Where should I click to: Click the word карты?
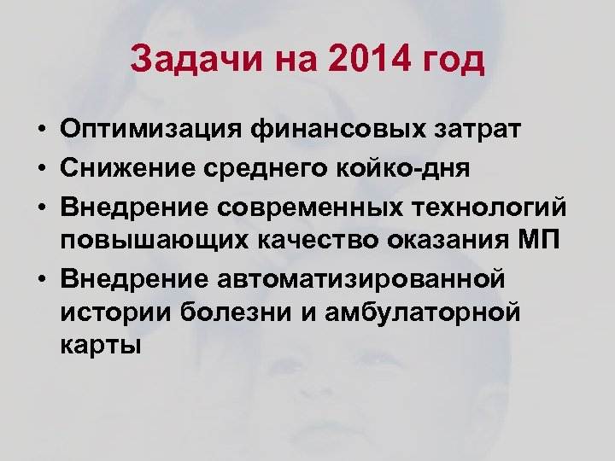point(101,346)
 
